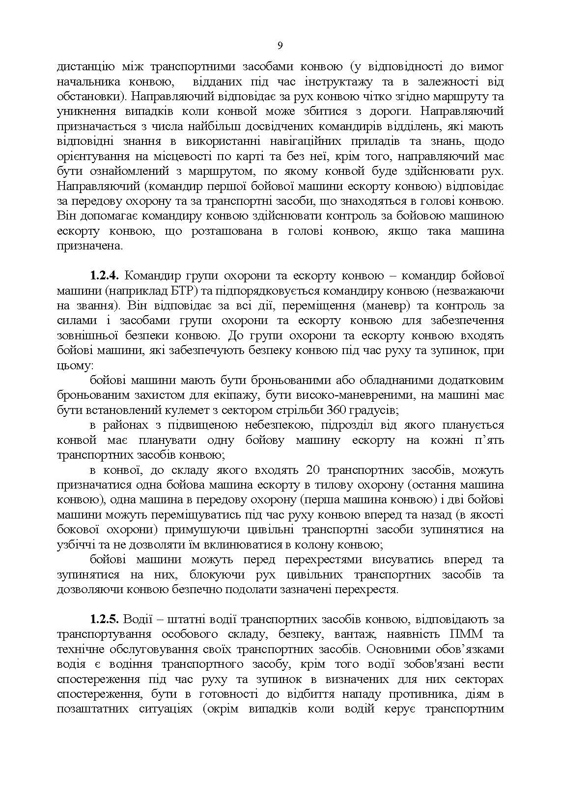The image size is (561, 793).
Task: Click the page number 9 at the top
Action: pos(280,46)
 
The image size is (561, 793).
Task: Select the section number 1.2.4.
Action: pos(105,276)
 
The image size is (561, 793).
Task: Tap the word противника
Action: pos(419,694)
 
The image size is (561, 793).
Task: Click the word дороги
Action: pos(389,111)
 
